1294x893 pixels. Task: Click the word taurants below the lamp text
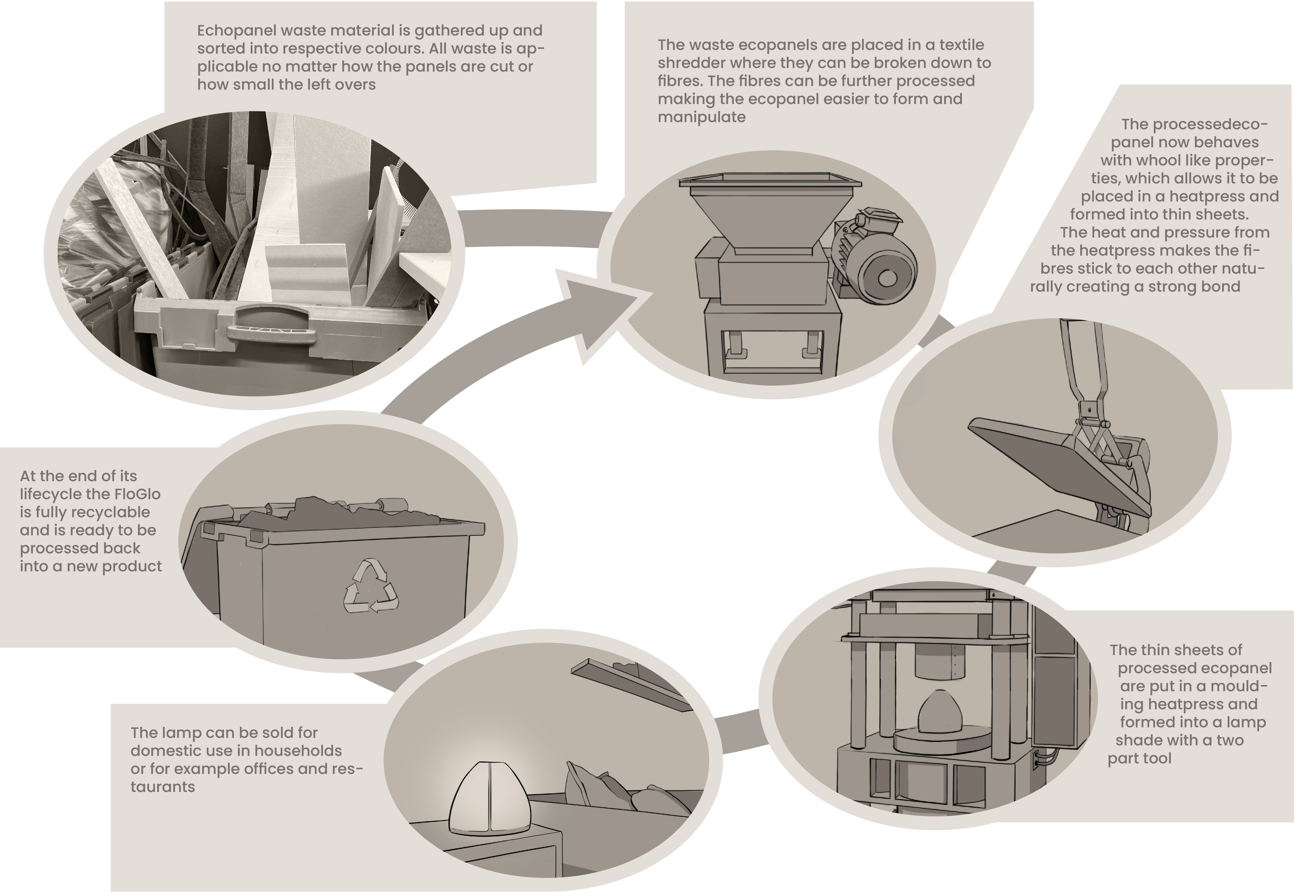click(x=163, y=787)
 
